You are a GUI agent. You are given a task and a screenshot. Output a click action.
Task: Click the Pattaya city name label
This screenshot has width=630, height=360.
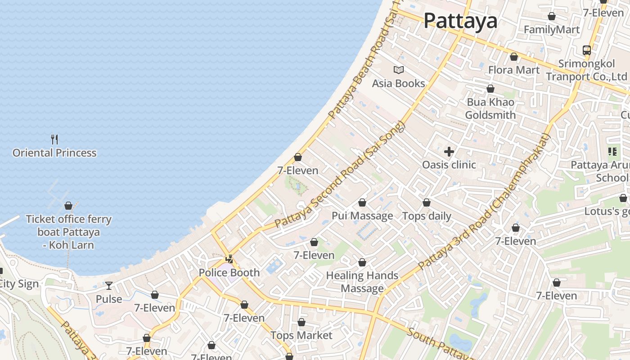[460, 21]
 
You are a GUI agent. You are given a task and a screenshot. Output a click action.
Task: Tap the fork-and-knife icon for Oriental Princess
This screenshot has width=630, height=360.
[54, 139]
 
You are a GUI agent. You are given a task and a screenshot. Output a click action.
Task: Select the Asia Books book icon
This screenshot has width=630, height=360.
[398, 70]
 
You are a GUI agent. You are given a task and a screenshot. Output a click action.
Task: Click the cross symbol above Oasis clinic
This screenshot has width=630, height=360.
[449, 152]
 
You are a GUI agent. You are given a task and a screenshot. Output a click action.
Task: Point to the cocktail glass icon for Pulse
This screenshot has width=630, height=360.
[109, 286]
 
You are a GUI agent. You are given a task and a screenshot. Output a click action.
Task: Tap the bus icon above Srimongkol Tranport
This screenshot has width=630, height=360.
[586, 50]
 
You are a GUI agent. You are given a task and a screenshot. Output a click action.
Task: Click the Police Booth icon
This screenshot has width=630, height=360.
[229, 259]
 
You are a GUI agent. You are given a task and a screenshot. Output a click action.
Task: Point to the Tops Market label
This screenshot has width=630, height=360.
[301, 335]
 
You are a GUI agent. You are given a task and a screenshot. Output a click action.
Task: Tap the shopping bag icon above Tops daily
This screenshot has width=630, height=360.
[426, 203]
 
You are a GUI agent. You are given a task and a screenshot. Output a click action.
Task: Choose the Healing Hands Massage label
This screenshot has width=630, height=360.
[362, 282]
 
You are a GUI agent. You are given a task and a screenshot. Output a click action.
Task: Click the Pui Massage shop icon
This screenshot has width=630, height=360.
[362, 203]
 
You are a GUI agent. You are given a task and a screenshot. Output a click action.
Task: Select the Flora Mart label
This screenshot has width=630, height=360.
[513, 70]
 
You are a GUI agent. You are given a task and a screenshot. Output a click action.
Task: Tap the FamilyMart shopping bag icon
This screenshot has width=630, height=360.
[551, 17]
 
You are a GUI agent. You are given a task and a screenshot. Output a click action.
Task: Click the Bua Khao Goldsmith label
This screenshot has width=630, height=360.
[490, 108]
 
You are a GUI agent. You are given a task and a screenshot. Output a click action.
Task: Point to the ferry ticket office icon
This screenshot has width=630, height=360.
[68, 206]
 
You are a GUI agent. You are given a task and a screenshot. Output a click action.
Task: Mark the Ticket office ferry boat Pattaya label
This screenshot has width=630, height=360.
[69, 232]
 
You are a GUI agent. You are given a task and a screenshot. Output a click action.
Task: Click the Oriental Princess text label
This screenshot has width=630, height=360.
[54, 153]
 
